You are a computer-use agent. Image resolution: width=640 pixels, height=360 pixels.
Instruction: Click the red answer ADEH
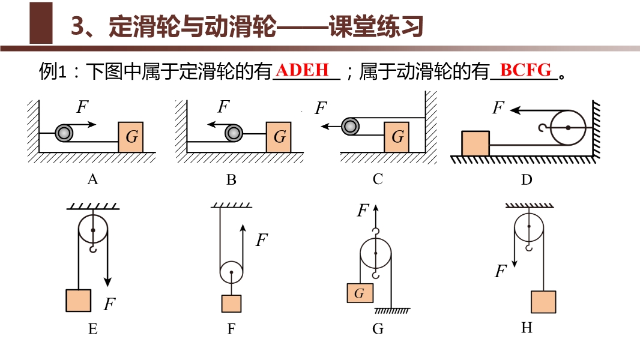click(304, 70)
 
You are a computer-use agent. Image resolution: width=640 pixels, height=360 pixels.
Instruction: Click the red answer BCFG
click(525, 70)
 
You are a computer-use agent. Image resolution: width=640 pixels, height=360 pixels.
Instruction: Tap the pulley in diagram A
click(63, 133)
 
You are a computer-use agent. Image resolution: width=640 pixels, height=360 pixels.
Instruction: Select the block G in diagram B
click(279, 136)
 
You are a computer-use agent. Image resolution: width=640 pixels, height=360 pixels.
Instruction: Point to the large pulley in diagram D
click(568, 127)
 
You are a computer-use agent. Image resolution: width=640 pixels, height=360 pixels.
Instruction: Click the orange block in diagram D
click(475, 143)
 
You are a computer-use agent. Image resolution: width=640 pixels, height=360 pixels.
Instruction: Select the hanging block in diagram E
click(79, 300)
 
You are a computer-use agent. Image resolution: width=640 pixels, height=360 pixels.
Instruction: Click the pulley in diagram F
click(231, 272)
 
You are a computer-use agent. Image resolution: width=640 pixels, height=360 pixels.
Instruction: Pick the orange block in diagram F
click(231, 304)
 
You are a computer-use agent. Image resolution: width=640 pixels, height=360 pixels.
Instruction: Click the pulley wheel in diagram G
click(375, 254)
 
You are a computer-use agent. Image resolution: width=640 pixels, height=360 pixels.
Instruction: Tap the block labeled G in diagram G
click(360, 293)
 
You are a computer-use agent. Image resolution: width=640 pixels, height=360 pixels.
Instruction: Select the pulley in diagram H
click(528, 227)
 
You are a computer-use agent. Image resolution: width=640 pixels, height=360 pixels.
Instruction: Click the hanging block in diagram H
click(543, 302)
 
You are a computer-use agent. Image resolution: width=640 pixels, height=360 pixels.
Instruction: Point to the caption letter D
click(527, 179)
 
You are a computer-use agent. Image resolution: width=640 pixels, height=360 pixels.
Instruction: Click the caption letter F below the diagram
click(231, 329)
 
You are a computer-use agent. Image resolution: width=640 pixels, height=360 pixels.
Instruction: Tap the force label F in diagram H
click(500, 272)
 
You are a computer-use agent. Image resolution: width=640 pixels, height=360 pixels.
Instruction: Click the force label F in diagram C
click(321, 109)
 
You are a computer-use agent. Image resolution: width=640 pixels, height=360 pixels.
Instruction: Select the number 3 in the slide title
click(77, 27)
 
